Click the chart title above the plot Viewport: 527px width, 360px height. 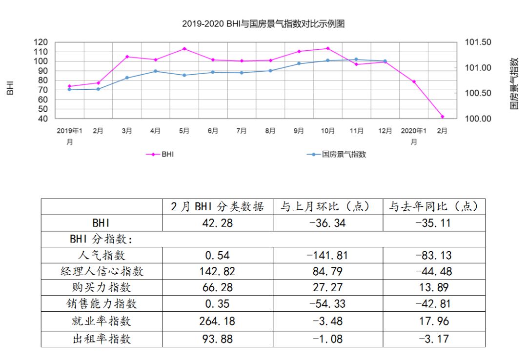pos(263,23)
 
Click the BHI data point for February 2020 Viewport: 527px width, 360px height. pos(443,117)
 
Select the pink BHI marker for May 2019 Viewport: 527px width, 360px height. pos(184,49)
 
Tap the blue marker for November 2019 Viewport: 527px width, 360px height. pos(356,60)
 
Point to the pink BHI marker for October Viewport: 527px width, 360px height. pos(327,48)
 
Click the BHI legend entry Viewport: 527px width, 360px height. pos(161,154)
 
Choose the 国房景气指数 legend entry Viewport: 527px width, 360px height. pos(336,154)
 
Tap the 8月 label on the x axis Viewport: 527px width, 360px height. pos(270,131)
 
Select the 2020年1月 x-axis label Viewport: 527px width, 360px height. pos(414,136)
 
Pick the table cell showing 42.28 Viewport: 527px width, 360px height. pos(218,223)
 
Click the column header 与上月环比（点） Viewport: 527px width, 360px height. pos(328,206)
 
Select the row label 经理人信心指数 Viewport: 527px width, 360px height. pos(102,271)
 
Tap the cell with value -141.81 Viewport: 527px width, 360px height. pos(328,255)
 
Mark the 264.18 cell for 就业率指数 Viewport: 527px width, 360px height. pos(218,321)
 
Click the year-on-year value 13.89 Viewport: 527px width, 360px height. pos(434,287)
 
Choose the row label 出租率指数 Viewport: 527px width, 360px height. pos(102,338)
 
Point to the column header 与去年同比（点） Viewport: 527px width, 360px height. pos(434,206)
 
